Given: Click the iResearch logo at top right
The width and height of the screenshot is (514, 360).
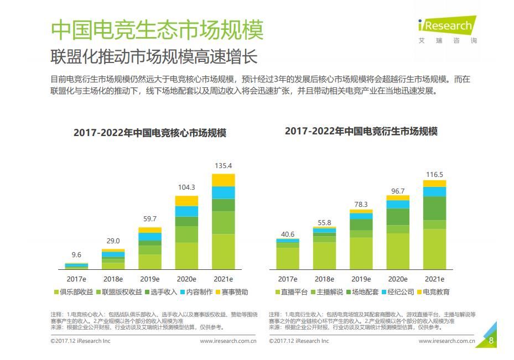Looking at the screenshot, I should click(447, 26).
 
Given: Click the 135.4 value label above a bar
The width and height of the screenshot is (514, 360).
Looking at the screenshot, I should click(223, 165).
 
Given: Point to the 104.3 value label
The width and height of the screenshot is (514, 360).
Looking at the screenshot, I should click(186, 187).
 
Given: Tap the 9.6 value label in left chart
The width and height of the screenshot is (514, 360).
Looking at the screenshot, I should click(76, 255).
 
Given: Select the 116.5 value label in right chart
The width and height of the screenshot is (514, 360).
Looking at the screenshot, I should click(434, 175).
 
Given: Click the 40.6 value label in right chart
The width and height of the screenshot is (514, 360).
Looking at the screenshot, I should click(288, 234).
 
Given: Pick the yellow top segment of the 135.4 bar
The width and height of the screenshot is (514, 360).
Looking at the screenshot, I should click(224, 180).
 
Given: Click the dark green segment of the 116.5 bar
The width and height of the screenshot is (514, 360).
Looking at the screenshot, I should click(434, 208).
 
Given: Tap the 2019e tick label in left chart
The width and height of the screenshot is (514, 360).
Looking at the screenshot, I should click(150, 279).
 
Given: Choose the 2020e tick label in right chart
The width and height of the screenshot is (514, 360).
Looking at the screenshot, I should click(398, 279).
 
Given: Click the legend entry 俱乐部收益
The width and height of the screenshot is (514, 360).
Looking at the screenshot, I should click(74, 292).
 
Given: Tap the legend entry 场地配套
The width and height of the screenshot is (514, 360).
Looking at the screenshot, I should click(361, 292).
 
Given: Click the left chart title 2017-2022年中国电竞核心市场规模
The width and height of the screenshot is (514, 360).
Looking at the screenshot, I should click(150, 133).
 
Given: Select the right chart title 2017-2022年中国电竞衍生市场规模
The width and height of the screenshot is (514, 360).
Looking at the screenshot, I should click(361, 132).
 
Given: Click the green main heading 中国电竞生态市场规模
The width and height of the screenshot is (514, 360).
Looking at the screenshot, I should click(157, 30).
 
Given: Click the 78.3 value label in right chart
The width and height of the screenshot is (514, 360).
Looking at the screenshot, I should click(361, 204).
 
